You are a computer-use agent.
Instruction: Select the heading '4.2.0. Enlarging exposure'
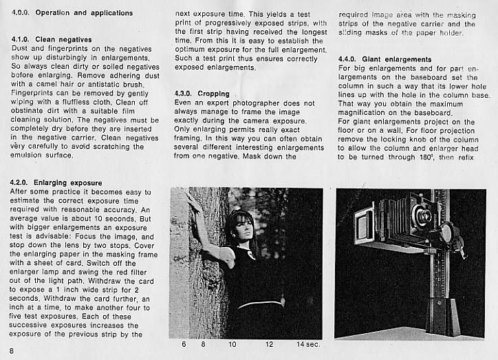[56, 182]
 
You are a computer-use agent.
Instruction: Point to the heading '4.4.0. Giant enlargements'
[385, 59]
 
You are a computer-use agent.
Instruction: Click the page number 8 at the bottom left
[12, 351]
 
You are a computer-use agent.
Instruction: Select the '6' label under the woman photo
[184, 343]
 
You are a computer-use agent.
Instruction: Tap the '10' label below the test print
[232, 343]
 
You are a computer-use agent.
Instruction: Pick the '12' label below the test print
[269, 343]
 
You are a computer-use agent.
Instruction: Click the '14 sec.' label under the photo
[307, 343]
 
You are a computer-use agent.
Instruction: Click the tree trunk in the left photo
[206, 275]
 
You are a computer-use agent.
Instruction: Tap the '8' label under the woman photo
[204, 343]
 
